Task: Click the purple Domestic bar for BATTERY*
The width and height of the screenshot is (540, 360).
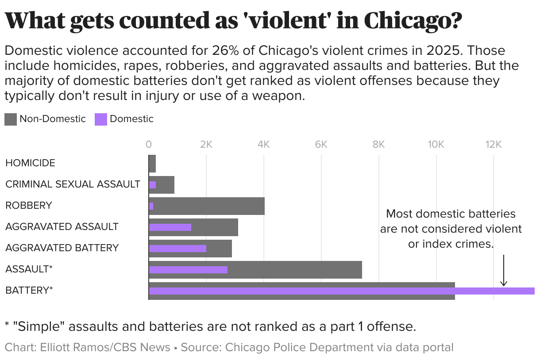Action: pos(341,291)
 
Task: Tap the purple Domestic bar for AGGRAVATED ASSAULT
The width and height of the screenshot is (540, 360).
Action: pos(170,227)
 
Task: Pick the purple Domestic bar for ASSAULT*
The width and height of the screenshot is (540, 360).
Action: pos(188,270)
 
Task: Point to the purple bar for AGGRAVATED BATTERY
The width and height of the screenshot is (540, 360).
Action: pos(177,249)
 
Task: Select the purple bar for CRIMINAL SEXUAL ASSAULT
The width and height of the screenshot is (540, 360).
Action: pos(152,185)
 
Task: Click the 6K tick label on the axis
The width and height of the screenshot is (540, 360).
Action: pos(321,144)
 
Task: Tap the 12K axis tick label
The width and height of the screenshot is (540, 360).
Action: pos(493,144)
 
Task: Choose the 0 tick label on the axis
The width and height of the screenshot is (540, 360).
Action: pos(149,144)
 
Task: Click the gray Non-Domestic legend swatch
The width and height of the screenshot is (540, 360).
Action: pos(11,119)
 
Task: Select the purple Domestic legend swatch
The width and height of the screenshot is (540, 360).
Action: pos(101,119)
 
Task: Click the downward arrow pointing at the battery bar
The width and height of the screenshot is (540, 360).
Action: pos(503,271)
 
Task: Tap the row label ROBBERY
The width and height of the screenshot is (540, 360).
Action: pos(29,205)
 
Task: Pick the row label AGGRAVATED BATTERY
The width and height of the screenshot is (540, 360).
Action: pos(62,248)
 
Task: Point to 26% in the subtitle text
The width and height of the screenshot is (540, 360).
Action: pos(224,50)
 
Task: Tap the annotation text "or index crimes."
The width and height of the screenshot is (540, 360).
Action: pos(451,244)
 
